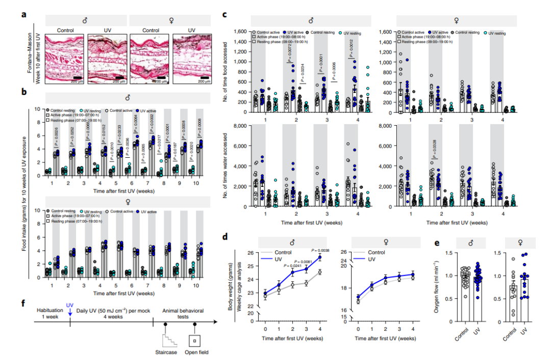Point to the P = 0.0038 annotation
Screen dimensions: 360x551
pos(321,251)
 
